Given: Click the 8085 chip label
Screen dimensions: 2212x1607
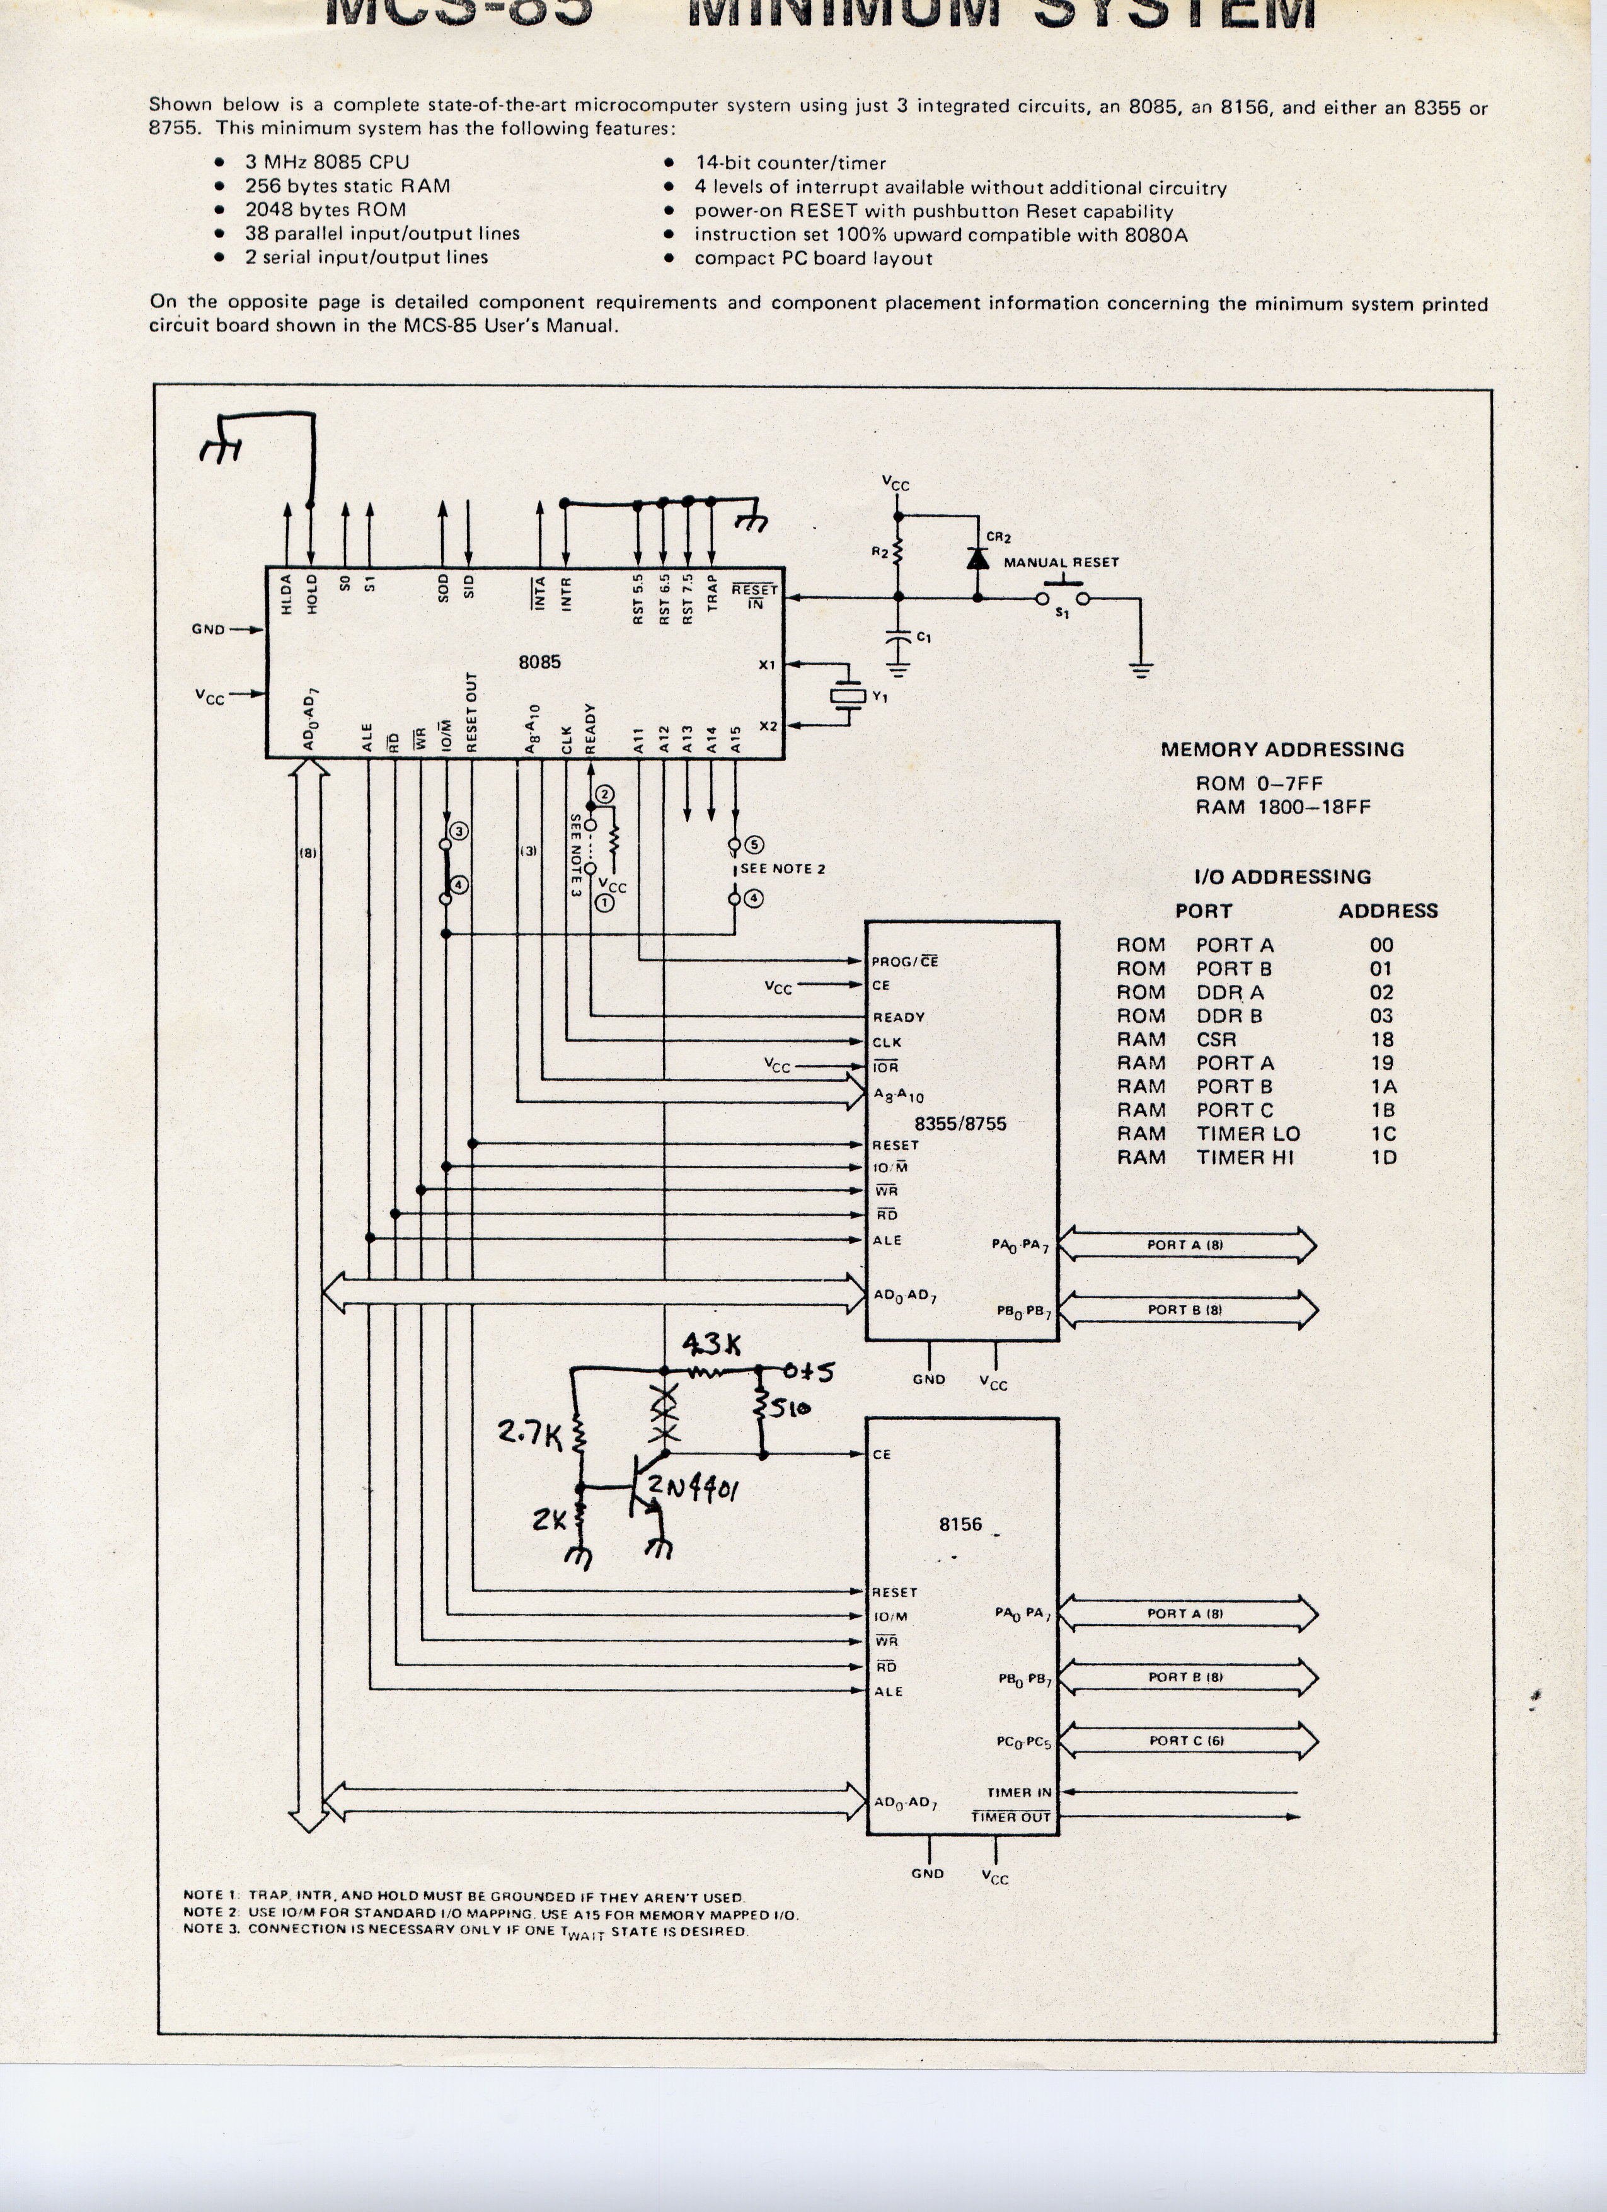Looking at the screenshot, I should pyautogui.click(x=539, y=662).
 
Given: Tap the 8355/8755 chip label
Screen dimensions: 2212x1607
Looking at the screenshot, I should pyautogui.click(x=960, y=1124).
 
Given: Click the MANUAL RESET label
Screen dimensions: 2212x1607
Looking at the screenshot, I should pyautogui.click(x=1061, y=563).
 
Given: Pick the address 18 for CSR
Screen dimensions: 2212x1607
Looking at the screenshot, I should pyautogui.click(x=1382, y=1040).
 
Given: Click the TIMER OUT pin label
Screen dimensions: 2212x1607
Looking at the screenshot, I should pyautogui.click(x=1010, y=1817).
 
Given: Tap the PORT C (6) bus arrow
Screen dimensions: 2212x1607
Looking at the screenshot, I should pyautogui.click(x=1187, y=1740).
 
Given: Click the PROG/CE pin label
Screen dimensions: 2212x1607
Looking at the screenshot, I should pyautogui.click(x=904, y=962).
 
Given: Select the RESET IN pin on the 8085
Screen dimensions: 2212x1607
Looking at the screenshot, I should pyautogui.click(x=755, y=597).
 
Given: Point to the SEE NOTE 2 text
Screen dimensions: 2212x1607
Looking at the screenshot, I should pyautogui.click(x=782, y=869).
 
